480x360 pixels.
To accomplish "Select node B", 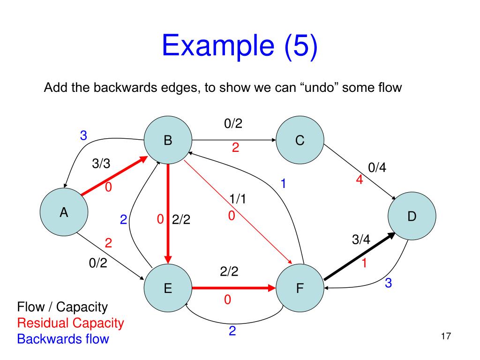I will [x=168, y=140].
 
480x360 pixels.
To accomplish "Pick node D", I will [x=412, y=217].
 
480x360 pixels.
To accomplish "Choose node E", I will [x=168, y=288].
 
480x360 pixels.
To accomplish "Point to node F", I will [x=300, y=288].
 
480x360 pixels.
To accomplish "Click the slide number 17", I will [x=446, y=336].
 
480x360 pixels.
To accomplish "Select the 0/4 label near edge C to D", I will [x=378, y=168].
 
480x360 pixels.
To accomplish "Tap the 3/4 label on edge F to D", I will [x=361, y=240].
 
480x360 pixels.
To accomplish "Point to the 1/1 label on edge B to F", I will [x=238, y=199].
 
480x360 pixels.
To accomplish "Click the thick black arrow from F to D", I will [x=359, y=258].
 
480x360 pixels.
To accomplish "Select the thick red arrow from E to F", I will [x=233, y=288].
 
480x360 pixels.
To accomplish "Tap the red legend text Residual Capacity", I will [x=70, y=323].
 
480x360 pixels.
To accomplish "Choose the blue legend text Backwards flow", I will [x=63, y=338].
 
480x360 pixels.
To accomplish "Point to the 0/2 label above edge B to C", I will [x=233, y=124].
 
